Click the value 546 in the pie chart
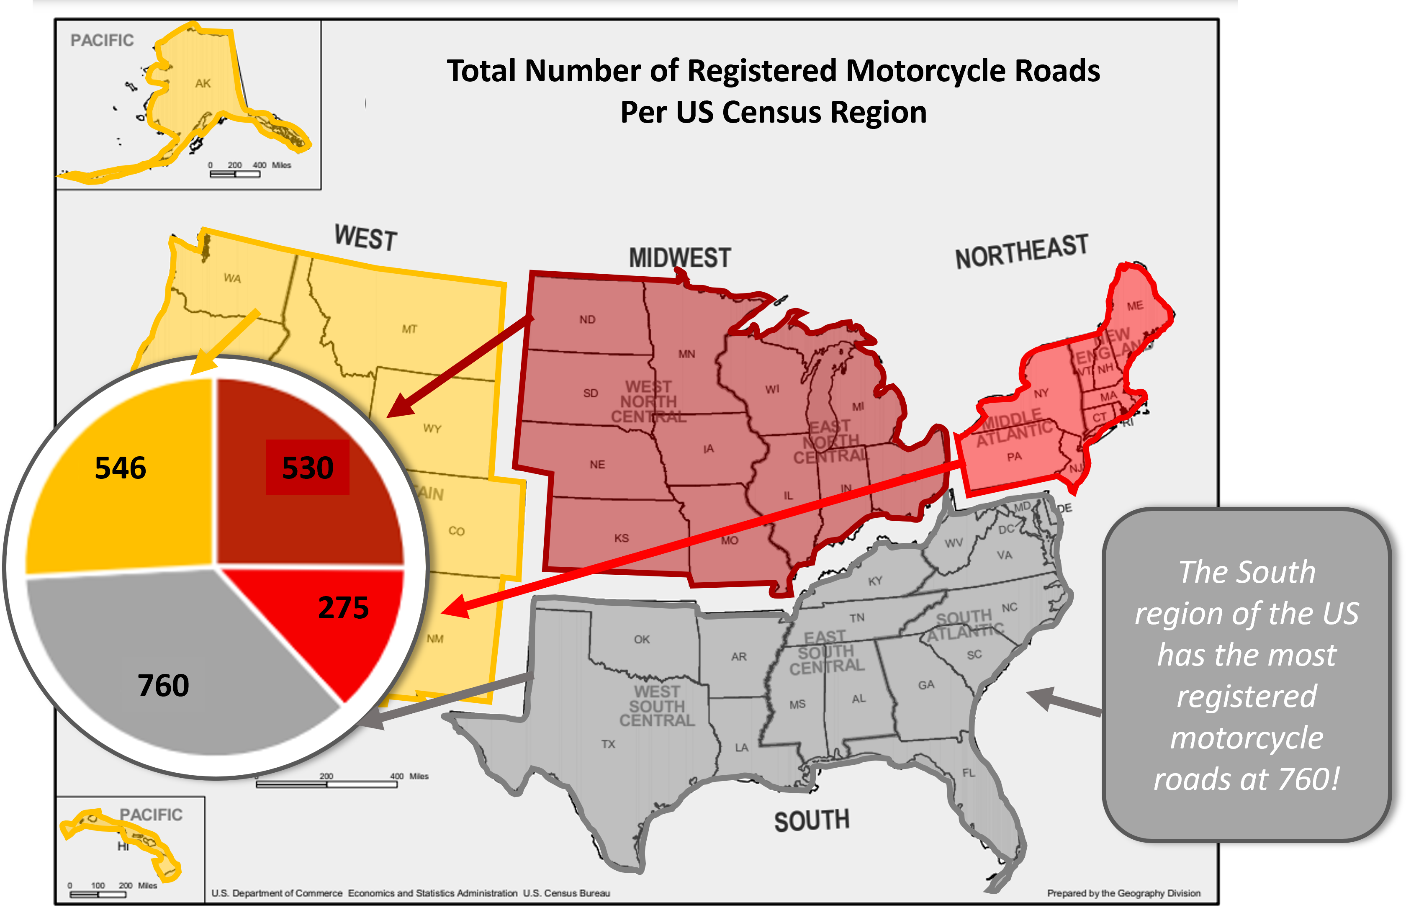click(121, 468)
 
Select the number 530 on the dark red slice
click(308, 468)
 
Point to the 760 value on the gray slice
click(164, 686)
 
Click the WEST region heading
click(366, 237)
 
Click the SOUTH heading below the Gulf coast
click(812, 821)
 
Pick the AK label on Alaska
click(203, 84)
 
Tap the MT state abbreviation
click(409, 329)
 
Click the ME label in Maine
click(1135, 306)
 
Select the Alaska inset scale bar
click(235, 174)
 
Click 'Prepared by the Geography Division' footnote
click(1123, 893)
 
